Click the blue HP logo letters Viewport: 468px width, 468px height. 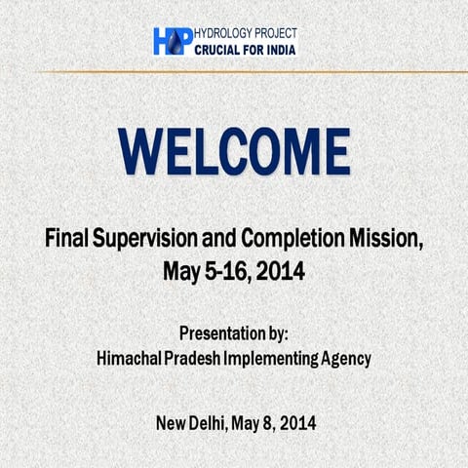pos(172,41)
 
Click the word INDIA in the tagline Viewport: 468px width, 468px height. pos(278,49)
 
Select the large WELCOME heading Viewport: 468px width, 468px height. pos(234,151)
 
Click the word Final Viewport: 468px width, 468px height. pos(66,238)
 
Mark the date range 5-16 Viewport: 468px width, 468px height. pos(217,269)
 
